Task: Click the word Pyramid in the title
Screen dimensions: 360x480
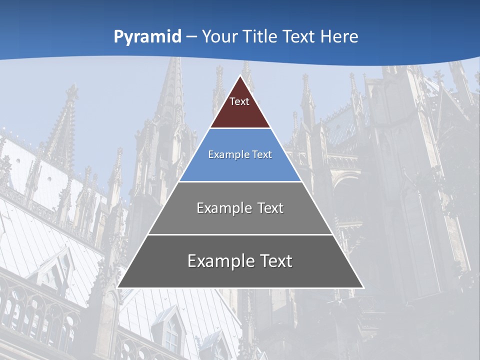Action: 147,37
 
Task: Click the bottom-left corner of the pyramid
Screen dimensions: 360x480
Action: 118,287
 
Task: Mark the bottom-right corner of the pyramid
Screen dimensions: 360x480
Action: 363,287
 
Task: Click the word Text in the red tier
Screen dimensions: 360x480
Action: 239,102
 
